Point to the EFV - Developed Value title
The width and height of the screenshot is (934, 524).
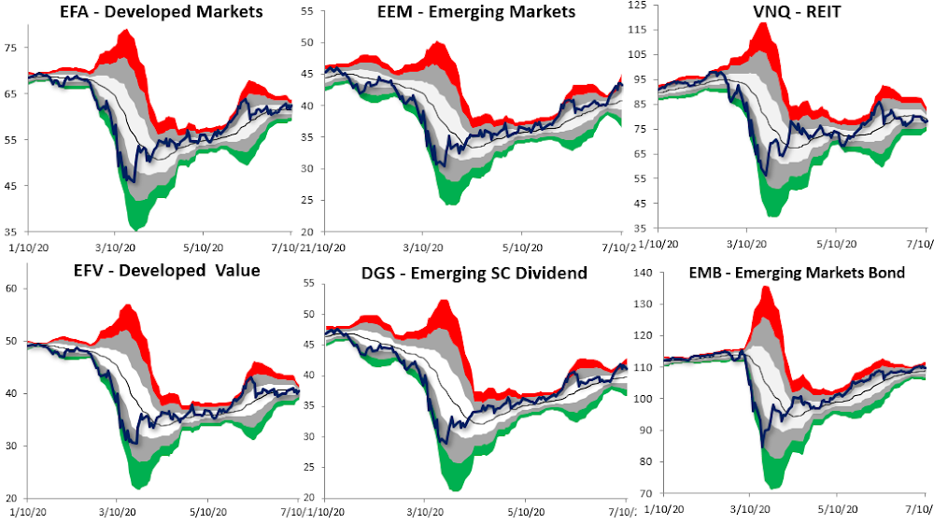point(139,271)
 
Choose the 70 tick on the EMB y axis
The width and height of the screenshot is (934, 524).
point(643,493)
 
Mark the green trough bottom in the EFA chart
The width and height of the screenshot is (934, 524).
point(136,229)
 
